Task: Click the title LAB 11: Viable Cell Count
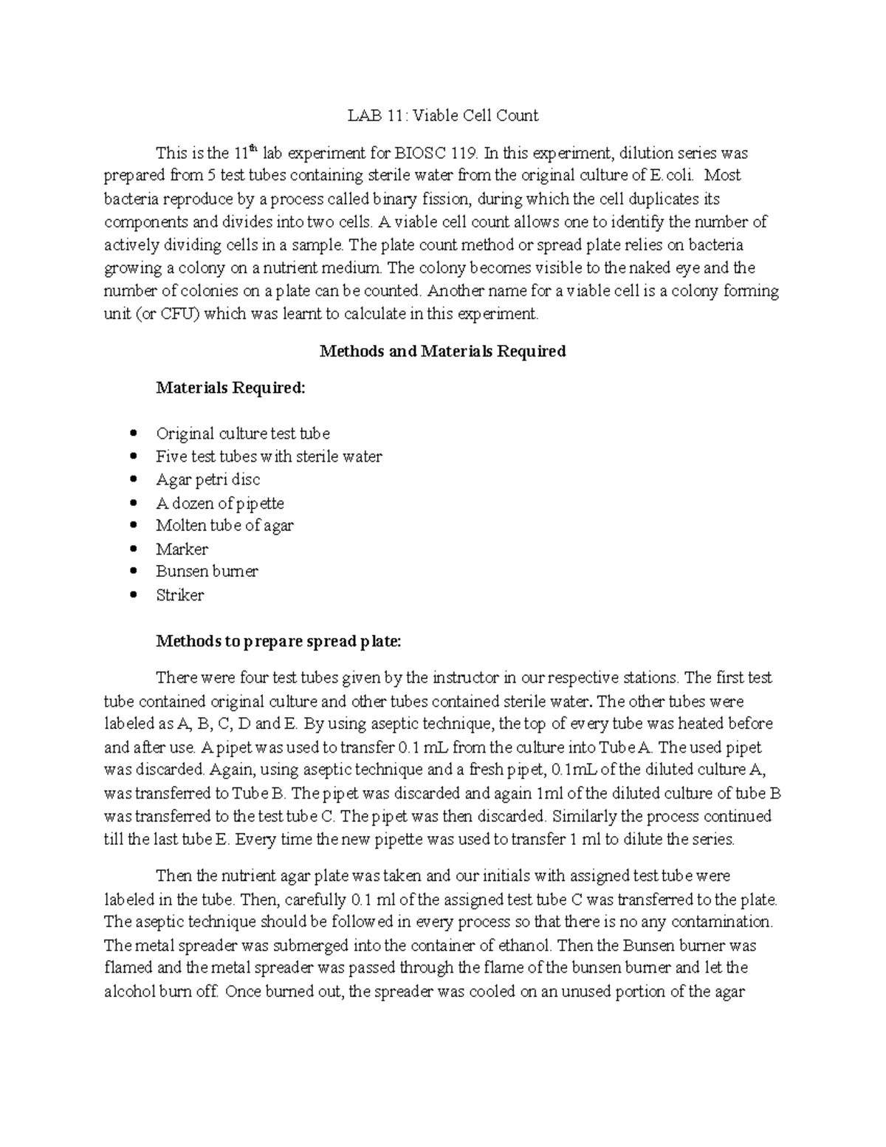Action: point(443,115)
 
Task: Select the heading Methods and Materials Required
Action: point(442,351)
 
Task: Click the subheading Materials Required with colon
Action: point(230,388)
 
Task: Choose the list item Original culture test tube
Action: point(243,434)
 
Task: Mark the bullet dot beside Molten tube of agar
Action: point(133,526)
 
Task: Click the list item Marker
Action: point(182,549)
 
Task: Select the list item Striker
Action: point(179,595)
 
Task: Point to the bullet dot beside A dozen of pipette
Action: point(133,503)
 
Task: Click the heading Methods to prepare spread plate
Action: point(278,641)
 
